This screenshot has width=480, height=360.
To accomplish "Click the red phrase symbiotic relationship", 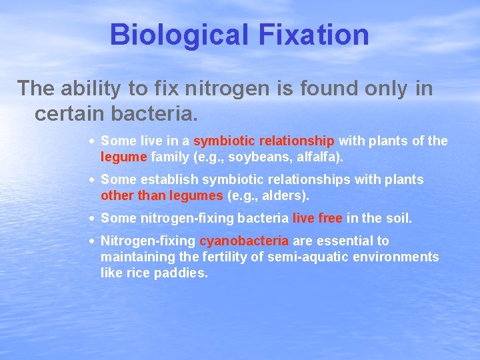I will tap(264, 141).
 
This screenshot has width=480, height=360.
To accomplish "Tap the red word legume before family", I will tap(120, 157).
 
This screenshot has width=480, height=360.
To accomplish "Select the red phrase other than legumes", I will tap(162, 195).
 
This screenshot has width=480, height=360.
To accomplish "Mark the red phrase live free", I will tap(317, 218).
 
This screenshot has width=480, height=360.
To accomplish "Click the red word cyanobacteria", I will tap(244, 241).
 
